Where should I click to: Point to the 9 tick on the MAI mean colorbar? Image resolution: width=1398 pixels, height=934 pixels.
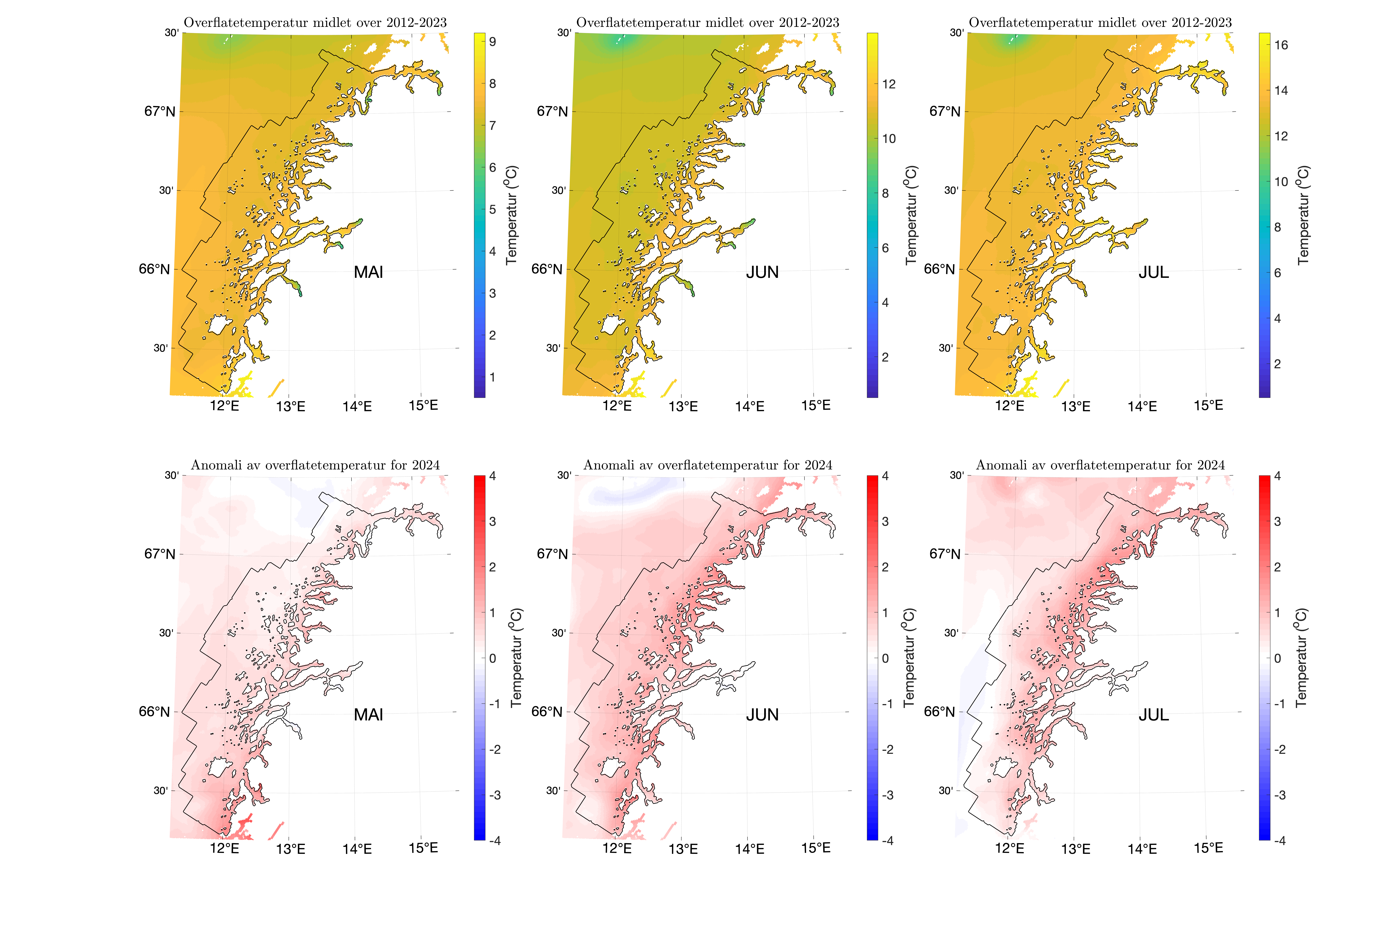(493, 42)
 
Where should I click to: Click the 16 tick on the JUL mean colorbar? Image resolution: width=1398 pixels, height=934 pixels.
(1281, 45)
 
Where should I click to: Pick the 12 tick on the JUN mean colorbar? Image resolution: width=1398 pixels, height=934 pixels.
(888, 84)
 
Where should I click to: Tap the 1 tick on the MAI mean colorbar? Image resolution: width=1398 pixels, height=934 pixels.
(493, 377)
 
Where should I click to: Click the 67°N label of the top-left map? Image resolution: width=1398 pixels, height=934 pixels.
(160, 111)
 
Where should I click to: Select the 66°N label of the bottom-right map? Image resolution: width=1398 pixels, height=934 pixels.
(939, 712)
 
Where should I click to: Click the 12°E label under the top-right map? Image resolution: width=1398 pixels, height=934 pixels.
(1010, 406)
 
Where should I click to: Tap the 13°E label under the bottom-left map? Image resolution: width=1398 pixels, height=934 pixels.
(291, 849)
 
